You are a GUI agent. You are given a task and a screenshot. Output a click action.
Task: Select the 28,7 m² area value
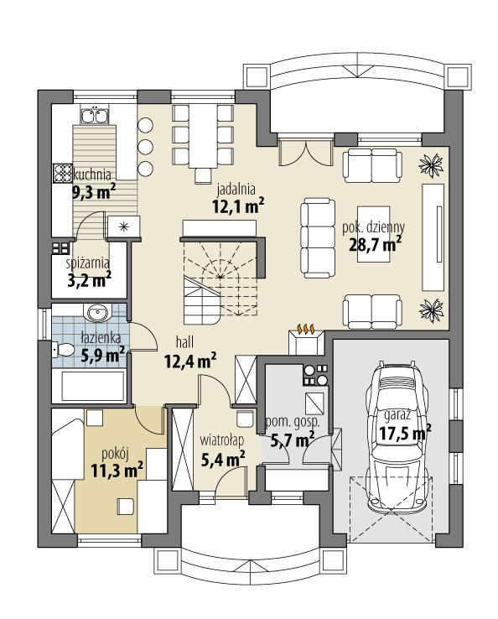374,243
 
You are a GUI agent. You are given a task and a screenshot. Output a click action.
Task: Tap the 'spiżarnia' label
89,263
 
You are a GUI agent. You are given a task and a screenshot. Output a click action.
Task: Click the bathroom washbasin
96,314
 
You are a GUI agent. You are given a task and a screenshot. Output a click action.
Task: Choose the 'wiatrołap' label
222,440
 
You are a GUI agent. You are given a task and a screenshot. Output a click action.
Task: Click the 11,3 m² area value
115,471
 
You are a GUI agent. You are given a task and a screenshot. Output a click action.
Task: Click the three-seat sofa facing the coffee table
317,237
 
